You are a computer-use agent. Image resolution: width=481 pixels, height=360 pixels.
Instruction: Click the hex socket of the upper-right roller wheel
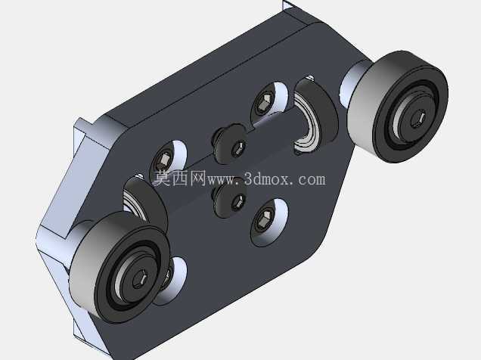point(417,119)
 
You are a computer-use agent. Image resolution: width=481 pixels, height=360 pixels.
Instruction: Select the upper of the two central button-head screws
point(231,144)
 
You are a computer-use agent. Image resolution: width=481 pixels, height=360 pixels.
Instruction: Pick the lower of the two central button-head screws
point(231,198)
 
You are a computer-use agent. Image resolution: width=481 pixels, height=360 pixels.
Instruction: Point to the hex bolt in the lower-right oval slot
point(263,221)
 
